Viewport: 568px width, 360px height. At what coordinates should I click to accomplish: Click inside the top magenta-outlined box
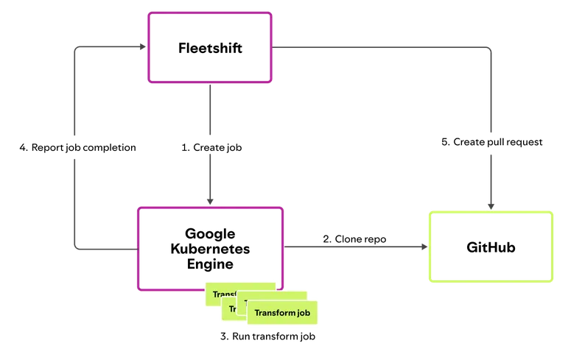pyautogui.click(x=210, y=47)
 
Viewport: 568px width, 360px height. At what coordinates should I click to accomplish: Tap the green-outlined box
pyautogui.click(x=491, y=247)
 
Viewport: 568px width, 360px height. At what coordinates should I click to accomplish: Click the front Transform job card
pyautogui.click(x=281, y=313)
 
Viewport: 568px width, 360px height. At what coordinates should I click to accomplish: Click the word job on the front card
pyautogui.click(x=304, y=313)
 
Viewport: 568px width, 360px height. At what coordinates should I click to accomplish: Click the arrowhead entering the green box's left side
pyautogui.click(x=424, y=247)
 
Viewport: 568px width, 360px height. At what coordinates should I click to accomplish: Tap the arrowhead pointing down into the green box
pyautogui.click(x=490, y=205)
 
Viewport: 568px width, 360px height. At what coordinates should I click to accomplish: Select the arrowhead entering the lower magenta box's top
pyautogui.click(x=209, y=200)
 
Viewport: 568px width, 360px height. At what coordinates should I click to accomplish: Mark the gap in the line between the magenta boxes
pyautogui.click(x=209, y=146)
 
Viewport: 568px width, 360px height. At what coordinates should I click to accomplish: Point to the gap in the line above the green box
pyautogui.click(x=490, y=144)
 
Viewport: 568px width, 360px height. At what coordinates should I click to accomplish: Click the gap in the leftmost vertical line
pyautogui.click(x=75, y=146)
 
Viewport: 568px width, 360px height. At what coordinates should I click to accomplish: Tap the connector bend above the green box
pyautogui.click(x=489, y=49)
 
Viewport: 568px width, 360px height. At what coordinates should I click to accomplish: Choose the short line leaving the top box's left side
pyautogui.click(x=111, y=48)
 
